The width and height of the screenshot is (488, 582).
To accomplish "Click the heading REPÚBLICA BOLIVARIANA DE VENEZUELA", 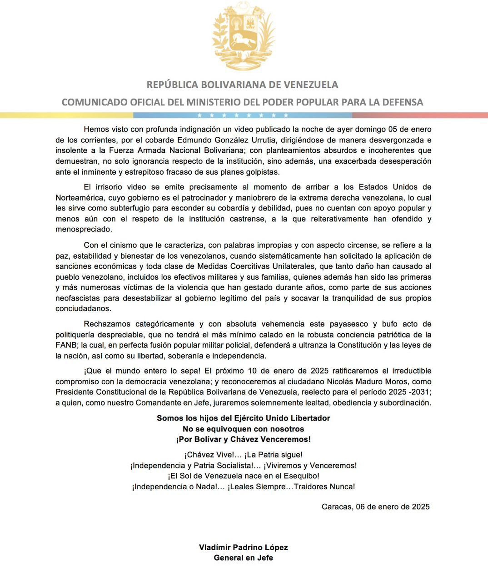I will [x=242, y=85].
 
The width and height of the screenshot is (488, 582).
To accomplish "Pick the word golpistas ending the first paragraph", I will [x=264, y=172].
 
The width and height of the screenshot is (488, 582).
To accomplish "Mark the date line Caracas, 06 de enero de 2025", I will [x=375, y=507].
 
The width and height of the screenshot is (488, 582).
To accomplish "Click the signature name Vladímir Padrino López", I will [x=244, y=547].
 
